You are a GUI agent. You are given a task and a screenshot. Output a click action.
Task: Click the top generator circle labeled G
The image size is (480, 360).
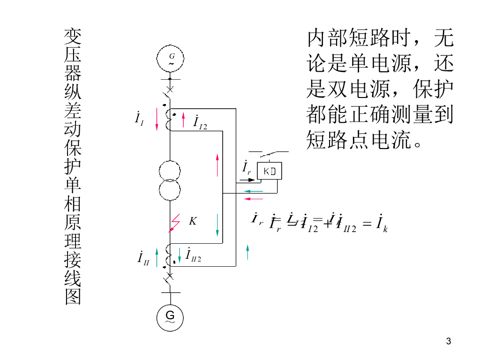click(x=170, y=59)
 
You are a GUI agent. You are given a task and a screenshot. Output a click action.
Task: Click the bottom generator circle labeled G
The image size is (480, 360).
click(x=170, y=317)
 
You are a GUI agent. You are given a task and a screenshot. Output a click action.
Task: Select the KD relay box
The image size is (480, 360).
click(x=270, y=171)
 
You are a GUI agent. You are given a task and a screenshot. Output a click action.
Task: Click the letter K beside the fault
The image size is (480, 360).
click(x=192, y=221)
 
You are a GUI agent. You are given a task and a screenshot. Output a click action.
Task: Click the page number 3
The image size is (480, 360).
click(x=449, y=341)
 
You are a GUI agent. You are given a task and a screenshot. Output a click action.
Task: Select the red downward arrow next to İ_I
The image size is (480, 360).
click(x=157, y=120)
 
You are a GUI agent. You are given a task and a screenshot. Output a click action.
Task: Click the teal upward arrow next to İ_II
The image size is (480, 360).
click(x=157, y=258)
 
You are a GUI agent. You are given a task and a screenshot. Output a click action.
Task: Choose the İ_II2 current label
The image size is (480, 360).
click(x=193, y=255)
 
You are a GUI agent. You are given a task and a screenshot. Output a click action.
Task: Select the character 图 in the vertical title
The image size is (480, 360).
click(x=73, y=296)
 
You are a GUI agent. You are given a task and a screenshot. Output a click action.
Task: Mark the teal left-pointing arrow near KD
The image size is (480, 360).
click(x=254, y=191)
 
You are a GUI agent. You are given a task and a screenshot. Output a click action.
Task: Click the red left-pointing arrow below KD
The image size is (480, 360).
click(x=254, y=199)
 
